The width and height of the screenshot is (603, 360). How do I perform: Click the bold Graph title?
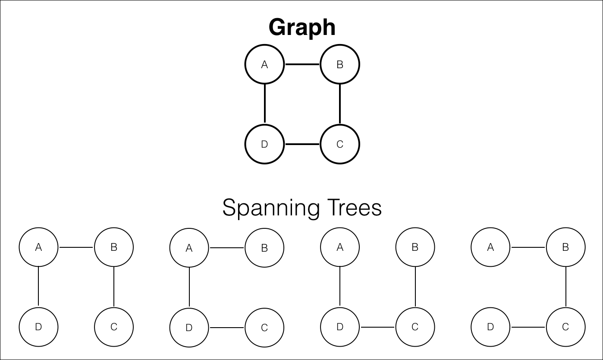302,28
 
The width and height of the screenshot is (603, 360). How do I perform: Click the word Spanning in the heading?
271,208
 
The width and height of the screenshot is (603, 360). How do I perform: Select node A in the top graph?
264,64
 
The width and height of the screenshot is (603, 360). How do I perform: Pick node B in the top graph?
340,64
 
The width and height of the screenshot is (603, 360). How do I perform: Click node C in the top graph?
340,144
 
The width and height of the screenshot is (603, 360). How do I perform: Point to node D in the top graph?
264,144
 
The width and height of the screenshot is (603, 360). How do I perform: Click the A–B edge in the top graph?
302,64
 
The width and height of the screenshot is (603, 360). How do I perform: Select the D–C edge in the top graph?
302,144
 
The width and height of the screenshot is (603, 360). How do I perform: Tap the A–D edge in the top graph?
264,104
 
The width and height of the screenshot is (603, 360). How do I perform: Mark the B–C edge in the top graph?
340,104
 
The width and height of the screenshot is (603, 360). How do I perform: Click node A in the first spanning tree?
38,247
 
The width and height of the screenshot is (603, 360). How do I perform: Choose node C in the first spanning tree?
114,327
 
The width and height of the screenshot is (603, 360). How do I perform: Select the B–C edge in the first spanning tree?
114,287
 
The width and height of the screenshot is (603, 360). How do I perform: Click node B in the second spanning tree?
264,248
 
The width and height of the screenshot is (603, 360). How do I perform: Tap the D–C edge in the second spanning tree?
226,328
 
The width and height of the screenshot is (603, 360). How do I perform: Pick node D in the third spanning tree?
340,327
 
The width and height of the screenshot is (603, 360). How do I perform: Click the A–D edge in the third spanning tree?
340,286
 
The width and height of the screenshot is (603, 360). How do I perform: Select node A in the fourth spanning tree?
490,247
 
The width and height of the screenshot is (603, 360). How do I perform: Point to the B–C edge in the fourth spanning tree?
566,287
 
